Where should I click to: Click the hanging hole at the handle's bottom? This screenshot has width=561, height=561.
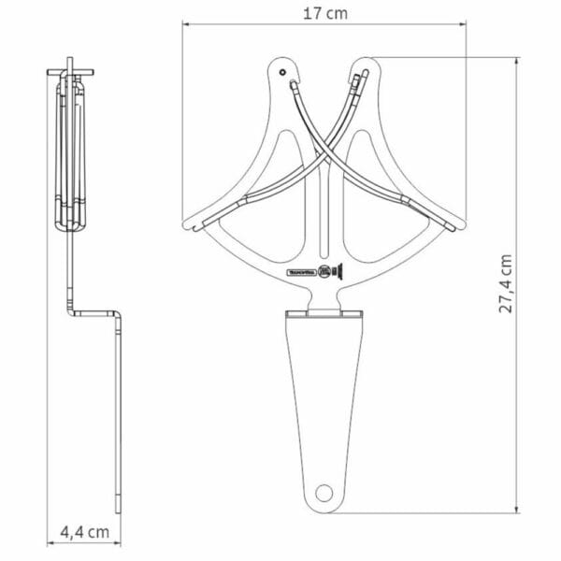click(324, 492)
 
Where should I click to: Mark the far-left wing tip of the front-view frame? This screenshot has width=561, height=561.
click(186, 225)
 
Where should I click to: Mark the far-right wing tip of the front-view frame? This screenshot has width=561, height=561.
click(459, 225)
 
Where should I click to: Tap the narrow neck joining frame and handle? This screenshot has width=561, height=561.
click(324, 301)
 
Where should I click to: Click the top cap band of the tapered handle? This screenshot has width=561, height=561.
click(324, 316)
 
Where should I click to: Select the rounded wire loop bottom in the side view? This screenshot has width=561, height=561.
click(67, 224)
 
